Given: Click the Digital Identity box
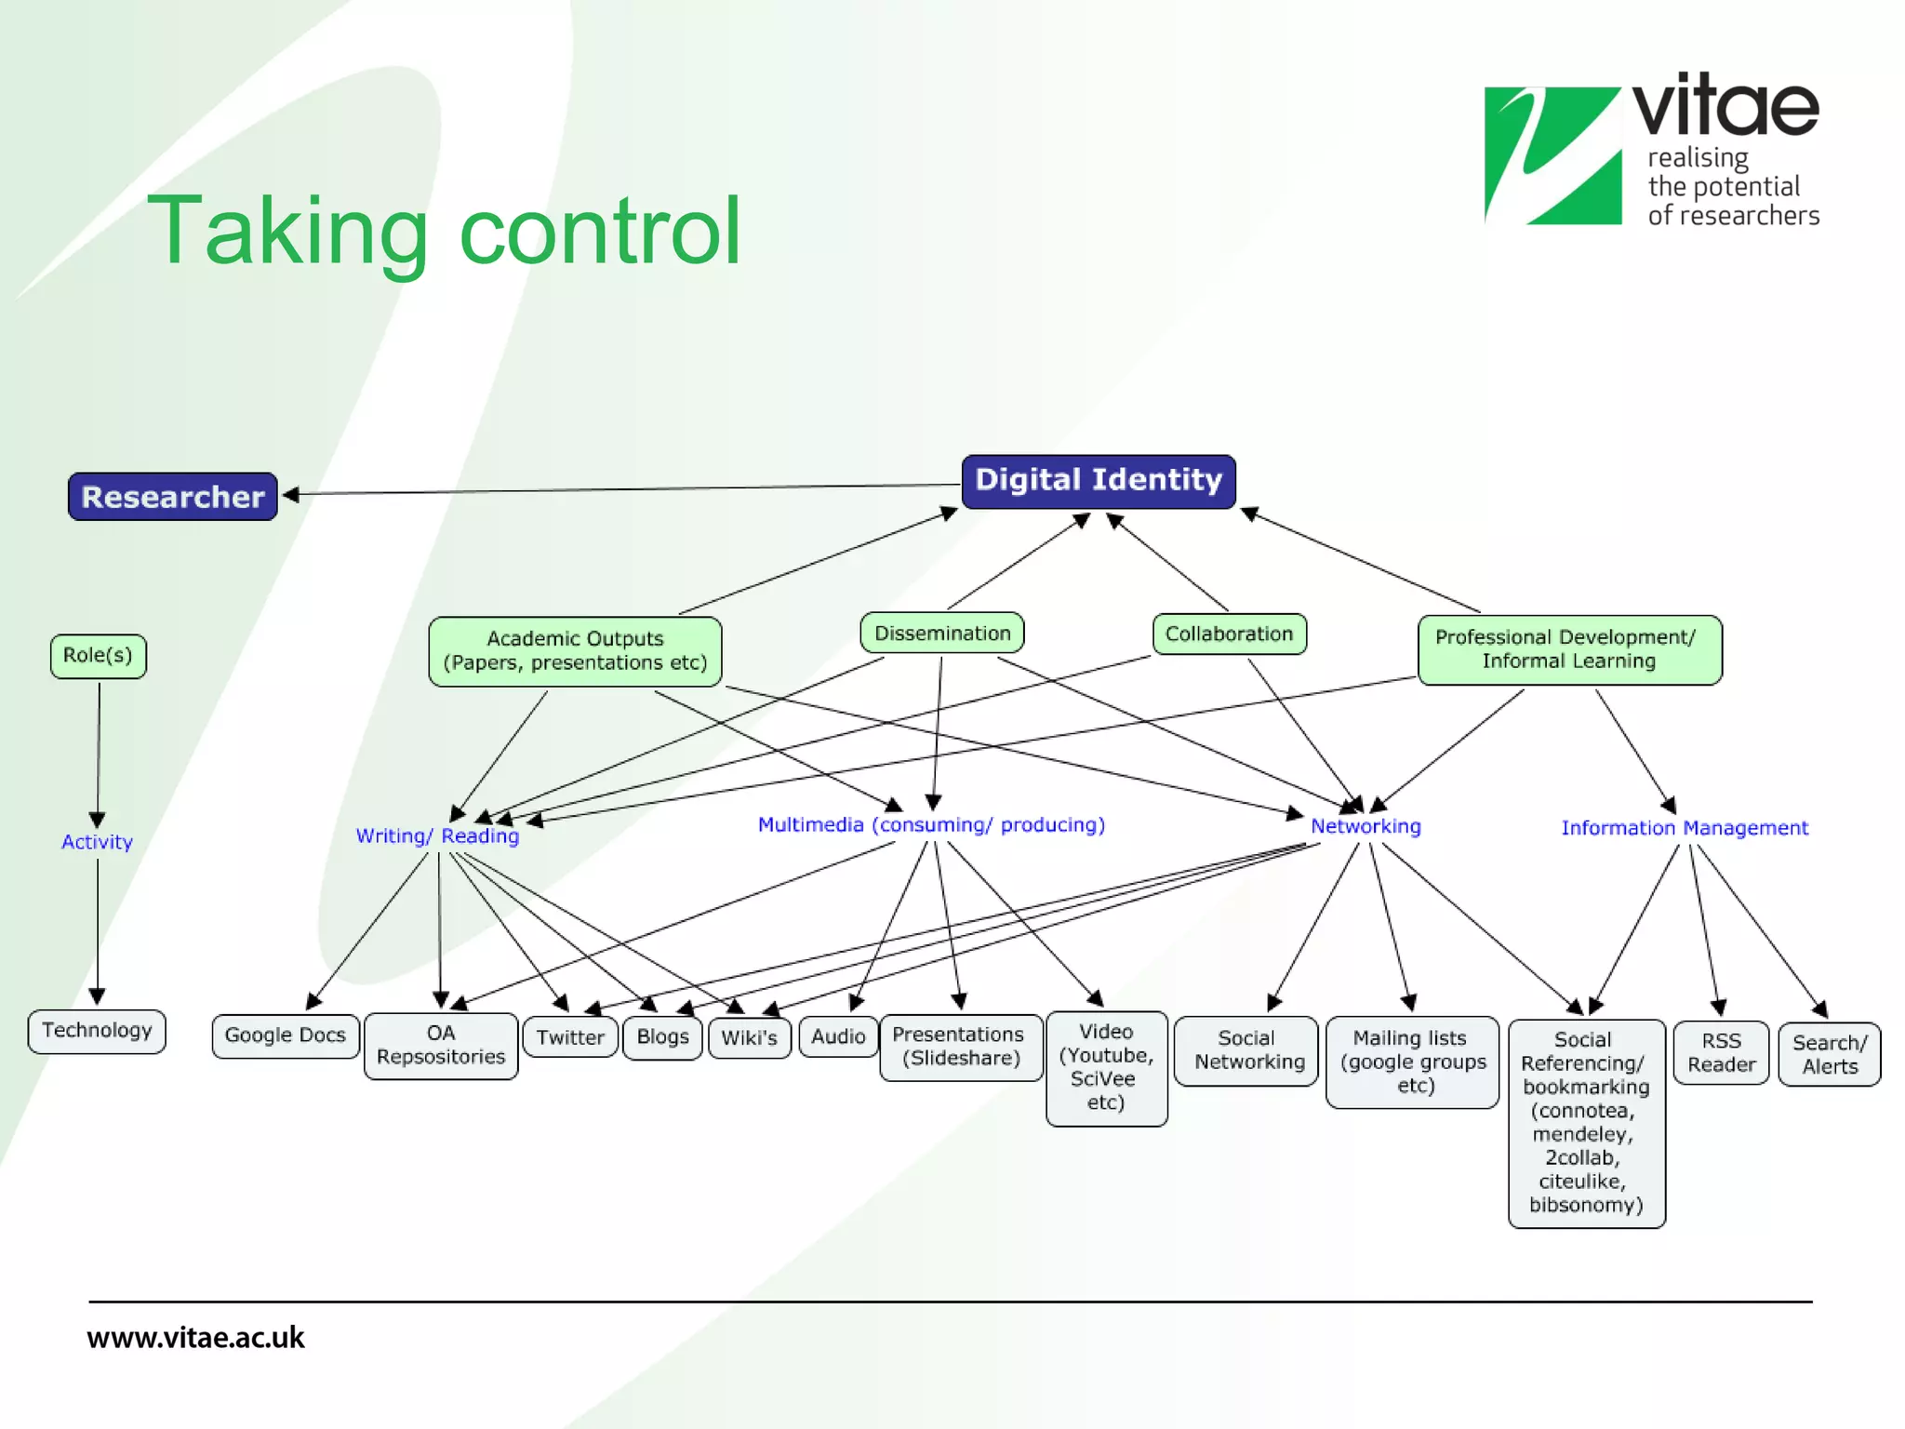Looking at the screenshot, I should [x=1099, y=481].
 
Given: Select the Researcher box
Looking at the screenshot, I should [x=173, y=497].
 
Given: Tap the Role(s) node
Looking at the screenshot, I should [x=98, y=656].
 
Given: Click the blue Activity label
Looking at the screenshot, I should [x=97, y=842].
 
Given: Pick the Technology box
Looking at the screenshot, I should [x=97, y=1031].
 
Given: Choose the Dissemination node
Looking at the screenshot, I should [x=942, y=634].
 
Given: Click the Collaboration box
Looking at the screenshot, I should [x=1229, y=634].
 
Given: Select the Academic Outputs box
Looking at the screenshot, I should [x=575, y=651].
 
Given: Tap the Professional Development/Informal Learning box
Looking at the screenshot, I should [x=1569, y=649].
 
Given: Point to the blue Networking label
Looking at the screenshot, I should [x=1365, y=826].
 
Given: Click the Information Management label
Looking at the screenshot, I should [x=1685, y=828].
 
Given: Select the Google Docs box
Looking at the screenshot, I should [x=286, y=1035].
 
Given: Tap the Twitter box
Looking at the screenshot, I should [x=570, y=1037].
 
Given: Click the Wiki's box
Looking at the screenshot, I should [x=749, y=1037].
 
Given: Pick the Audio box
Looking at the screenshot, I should [x=838, y=1036].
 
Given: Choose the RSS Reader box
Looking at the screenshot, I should [x=1721, y=1053].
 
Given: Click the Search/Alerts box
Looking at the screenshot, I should [x=1829, y=1055].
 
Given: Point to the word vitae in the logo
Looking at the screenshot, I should [x=1725, y=107].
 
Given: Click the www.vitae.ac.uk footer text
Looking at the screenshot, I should [x=196, y=1338].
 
